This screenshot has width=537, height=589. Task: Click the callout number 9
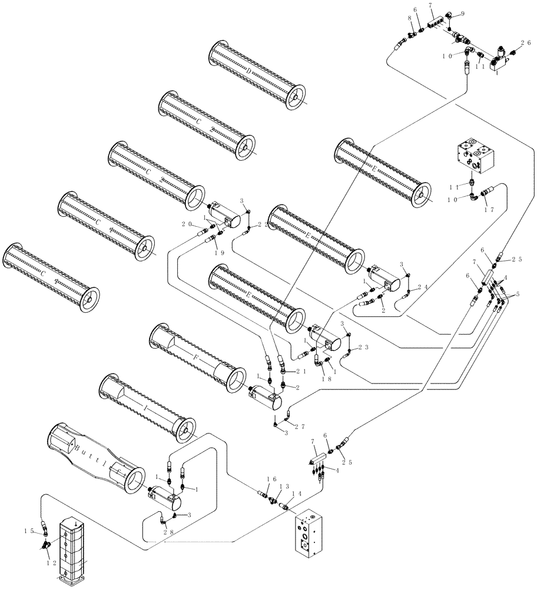[462, 14]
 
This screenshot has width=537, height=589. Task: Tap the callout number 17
[488, 209]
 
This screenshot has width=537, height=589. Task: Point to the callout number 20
[187, 224]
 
